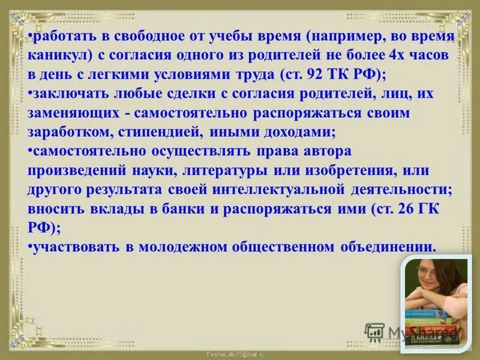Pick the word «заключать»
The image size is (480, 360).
pyautogui.click(x=65, y=95)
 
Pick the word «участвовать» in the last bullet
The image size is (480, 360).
pyautogui.click(x=76, y=247)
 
